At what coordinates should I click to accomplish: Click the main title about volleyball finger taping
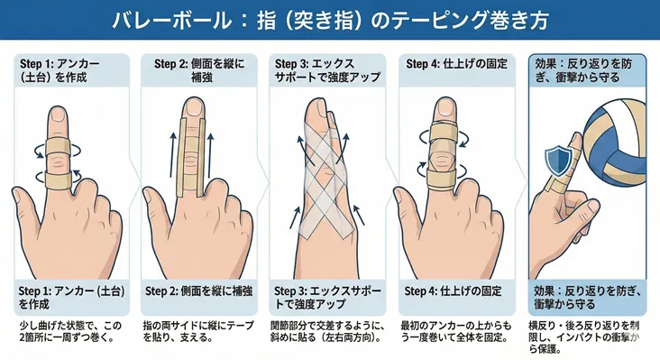point(329,20)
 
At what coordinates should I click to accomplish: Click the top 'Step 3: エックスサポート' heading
point(322,70)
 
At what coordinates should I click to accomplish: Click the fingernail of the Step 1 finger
point(59,115)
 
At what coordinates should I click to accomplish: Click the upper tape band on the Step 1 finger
point(59,146)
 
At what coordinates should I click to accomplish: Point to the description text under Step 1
point(66,331)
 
